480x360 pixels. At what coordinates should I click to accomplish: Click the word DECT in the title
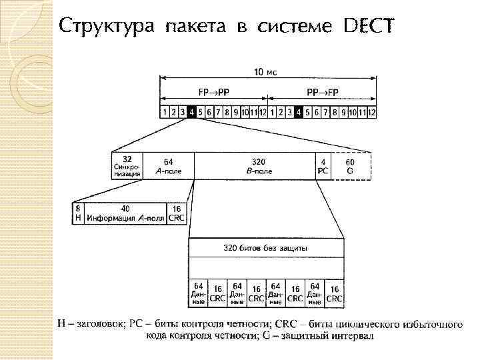click(x=369, y=26)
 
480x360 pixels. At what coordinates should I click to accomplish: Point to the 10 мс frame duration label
click(x=265, y=72)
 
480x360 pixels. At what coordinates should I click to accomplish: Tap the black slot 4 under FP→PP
click(x=191, y=112)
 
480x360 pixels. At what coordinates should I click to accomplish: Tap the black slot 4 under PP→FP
click(x=299, y=112)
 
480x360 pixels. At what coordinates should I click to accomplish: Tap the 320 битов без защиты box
click(x=265, y=249)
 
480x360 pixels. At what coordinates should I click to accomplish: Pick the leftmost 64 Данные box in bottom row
click(x=199, y=294)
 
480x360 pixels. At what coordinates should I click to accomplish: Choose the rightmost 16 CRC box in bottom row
click(x=334, y=294)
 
